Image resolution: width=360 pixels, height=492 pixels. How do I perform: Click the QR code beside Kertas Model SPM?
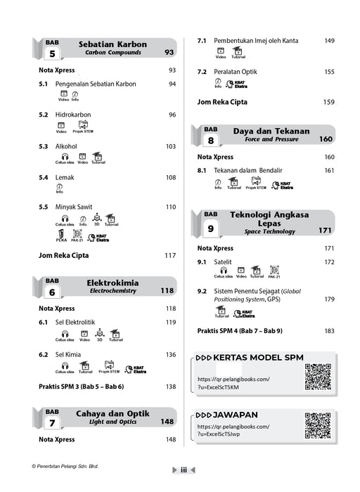tap(318, 376)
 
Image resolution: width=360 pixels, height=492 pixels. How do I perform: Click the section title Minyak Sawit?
tap(76, 207)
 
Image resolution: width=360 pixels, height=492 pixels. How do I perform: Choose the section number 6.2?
tap(44, 355)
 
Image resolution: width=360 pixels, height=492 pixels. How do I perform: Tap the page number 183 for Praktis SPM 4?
tap(328, 330)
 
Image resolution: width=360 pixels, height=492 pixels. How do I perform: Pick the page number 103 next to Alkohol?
tap(171, 146)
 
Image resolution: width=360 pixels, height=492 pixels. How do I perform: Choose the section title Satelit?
tap(224, 262)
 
